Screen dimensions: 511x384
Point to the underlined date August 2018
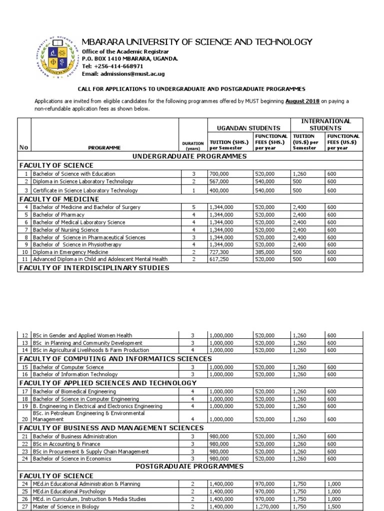click(x=302, y=101)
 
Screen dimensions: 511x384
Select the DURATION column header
click(x=192, y=145)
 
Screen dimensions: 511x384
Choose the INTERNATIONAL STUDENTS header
click(x=325, y=124)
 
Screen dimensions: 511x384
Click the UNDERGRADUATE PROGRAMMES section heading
click(x=189, y=156)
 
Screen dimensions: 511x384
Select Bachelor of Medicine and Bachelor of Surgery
click(x=86, y=207)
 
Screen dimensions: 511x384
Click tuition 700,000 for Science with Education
click(x=218, y=174)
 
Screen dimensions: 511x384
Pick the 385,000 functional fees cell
click(x=264, y=253)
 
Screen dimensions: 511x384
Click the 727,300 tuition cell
click(x=218, y=253)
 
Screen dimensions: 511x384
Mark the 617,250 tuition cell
click(x=218, y=260)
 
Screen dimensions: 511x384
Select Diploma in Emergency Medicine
click(x=70, y=253)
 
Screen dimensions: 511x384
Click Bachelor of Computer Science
click(x=68, y=367)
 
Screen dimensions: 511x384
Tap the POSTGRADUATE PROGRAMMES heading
click(x=189, y=466)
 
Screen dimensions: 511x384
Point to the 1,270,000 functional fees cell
click(x=266, y=507)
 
